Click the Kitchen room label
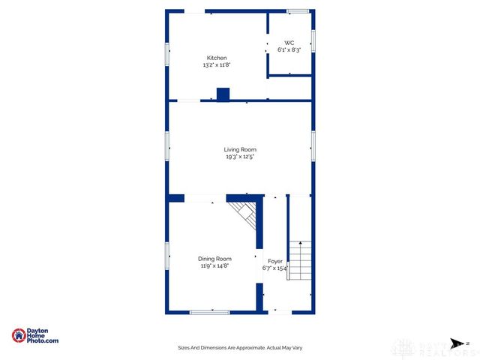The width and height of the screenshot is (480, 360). [x=217, y=58]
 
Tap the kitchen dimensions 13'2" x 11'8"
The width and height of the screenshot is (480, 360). [x=217, y=65]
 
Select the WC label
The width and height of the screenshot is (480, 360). [x=289, y=43]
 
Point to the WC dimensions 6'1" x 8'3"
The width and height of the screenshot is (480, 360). [x=289, y=50]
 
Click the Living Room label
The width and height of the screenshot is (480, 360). [x=240, y=150]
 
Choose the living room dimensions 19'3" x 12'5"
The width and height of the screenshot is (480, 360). [x=240, y=157]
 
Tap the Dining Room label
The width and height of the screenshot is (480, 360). [x=214, y=259]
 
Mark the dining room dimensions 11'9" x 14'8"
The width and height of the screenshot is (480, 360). [x=214, y=266]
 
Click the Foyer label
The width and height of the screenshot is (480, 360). [x=275, y=260]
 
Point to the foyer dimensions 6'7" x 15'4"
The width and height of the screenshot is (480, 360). [x=275, y=268]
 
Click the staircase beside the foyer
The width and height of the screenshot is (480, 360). [x=299, y=259]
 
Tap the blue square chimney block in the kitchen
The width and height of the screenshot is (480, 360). [x=223, y=94]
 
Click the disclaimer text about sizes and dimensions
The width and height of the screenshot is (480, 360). [x=240, y=348]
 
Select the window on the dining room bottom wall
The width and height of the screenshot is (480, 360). [x=209, y=311]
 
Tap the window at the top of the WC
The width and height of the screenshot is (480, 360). [x=298, y=10]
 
